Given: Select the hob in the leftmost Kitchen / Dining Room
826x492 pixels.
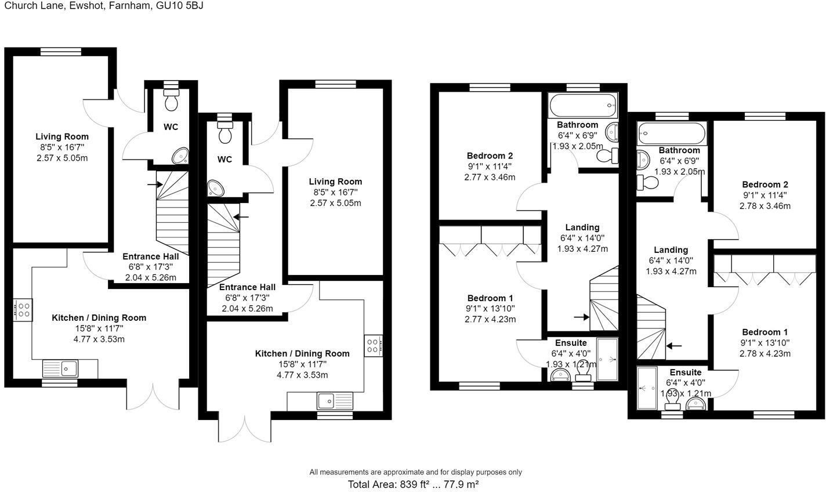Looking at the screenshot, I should pos(23,309).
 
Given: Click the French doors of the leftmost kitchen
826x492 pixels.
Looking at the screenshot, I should pos(154,396).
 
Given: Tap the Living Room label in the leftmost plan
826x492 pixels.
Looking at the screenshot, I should pos(62,136).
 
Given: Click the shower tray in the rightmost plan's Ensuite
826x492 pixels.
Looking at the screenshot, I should pos(647,388).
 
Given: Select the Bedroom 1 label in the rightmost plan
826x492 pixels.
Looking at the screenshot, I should pos(765,332).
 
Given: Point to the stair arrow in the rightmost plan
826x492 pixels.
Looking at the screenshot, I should pos(674,346).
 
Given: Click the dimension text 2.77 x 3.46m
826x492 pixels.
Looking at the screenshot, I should pos(490,177).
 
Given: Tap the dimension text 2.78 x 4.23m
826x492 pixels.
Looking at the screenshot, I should pos(765,353).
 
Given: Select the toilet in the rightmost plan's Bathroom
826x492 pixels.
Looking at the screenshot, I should pos(649,183).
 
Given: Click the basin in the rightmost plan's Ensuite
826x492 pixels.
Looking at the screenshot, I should pos(695,404).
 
